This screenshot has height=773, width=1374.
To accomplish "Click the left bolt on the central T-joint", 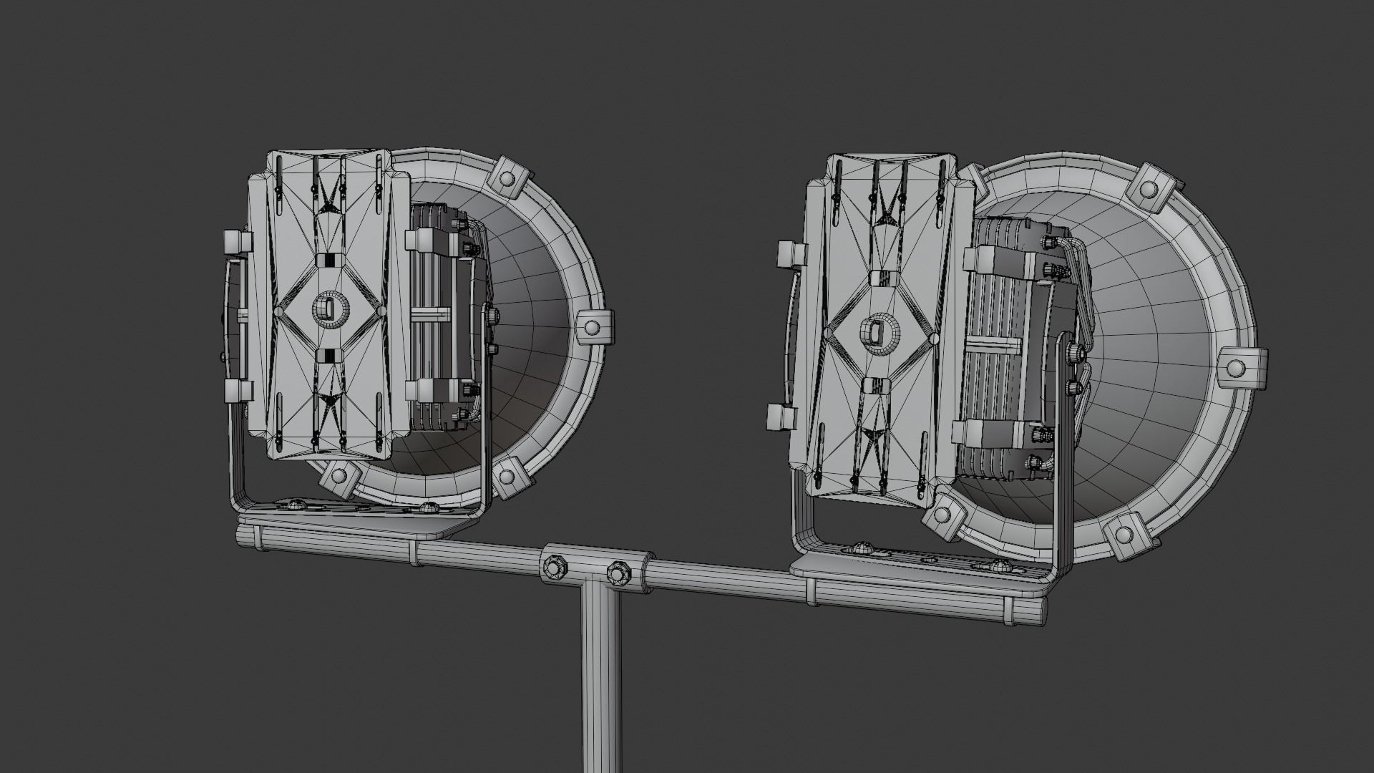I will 554,567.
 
